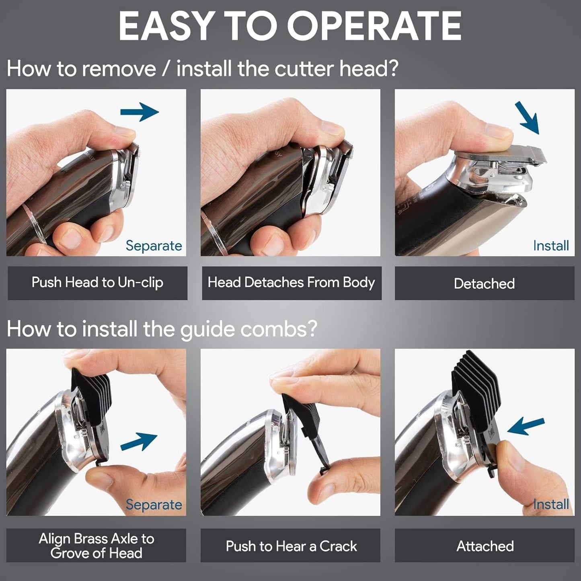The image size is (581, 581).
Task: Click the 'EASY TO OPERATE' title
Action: (290, 26)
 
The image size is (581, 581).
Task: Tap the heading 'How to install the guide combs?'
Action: (162, 329)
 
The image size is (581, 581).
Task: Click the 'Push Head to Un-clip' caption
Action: (97, 283)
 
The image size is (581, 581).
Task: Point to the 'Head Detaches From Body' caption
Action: (292, 283)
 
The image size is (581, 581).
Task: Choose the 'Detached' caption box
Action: (485, 283)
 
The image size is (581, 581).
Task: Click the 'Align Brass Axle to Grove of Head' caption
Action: (96, 546)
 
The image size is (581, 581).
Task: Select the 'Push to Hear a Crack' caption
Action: (292, 546)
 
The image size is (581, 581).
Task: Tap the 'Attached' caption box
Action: (485, 546)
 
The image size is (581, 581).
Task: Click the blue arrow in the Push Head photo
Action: (140, 112)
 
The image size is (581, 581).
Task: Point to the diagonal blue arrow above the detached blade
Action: (527, 117)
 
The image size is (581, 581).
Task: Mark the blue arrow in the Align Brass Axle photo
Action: (139, 441)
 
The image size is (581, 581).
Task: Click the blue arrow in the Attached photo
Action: (526, 427)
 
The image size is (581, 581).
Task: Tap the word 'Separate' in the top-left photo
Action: (154, 246)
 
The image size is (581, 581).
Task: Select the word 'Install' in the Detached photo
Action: (551, 246)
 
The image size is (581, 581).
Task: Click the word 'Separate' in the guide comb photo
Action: (154, 505)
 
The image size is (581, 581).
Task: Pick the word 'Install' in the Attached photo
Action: (551, 505)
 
